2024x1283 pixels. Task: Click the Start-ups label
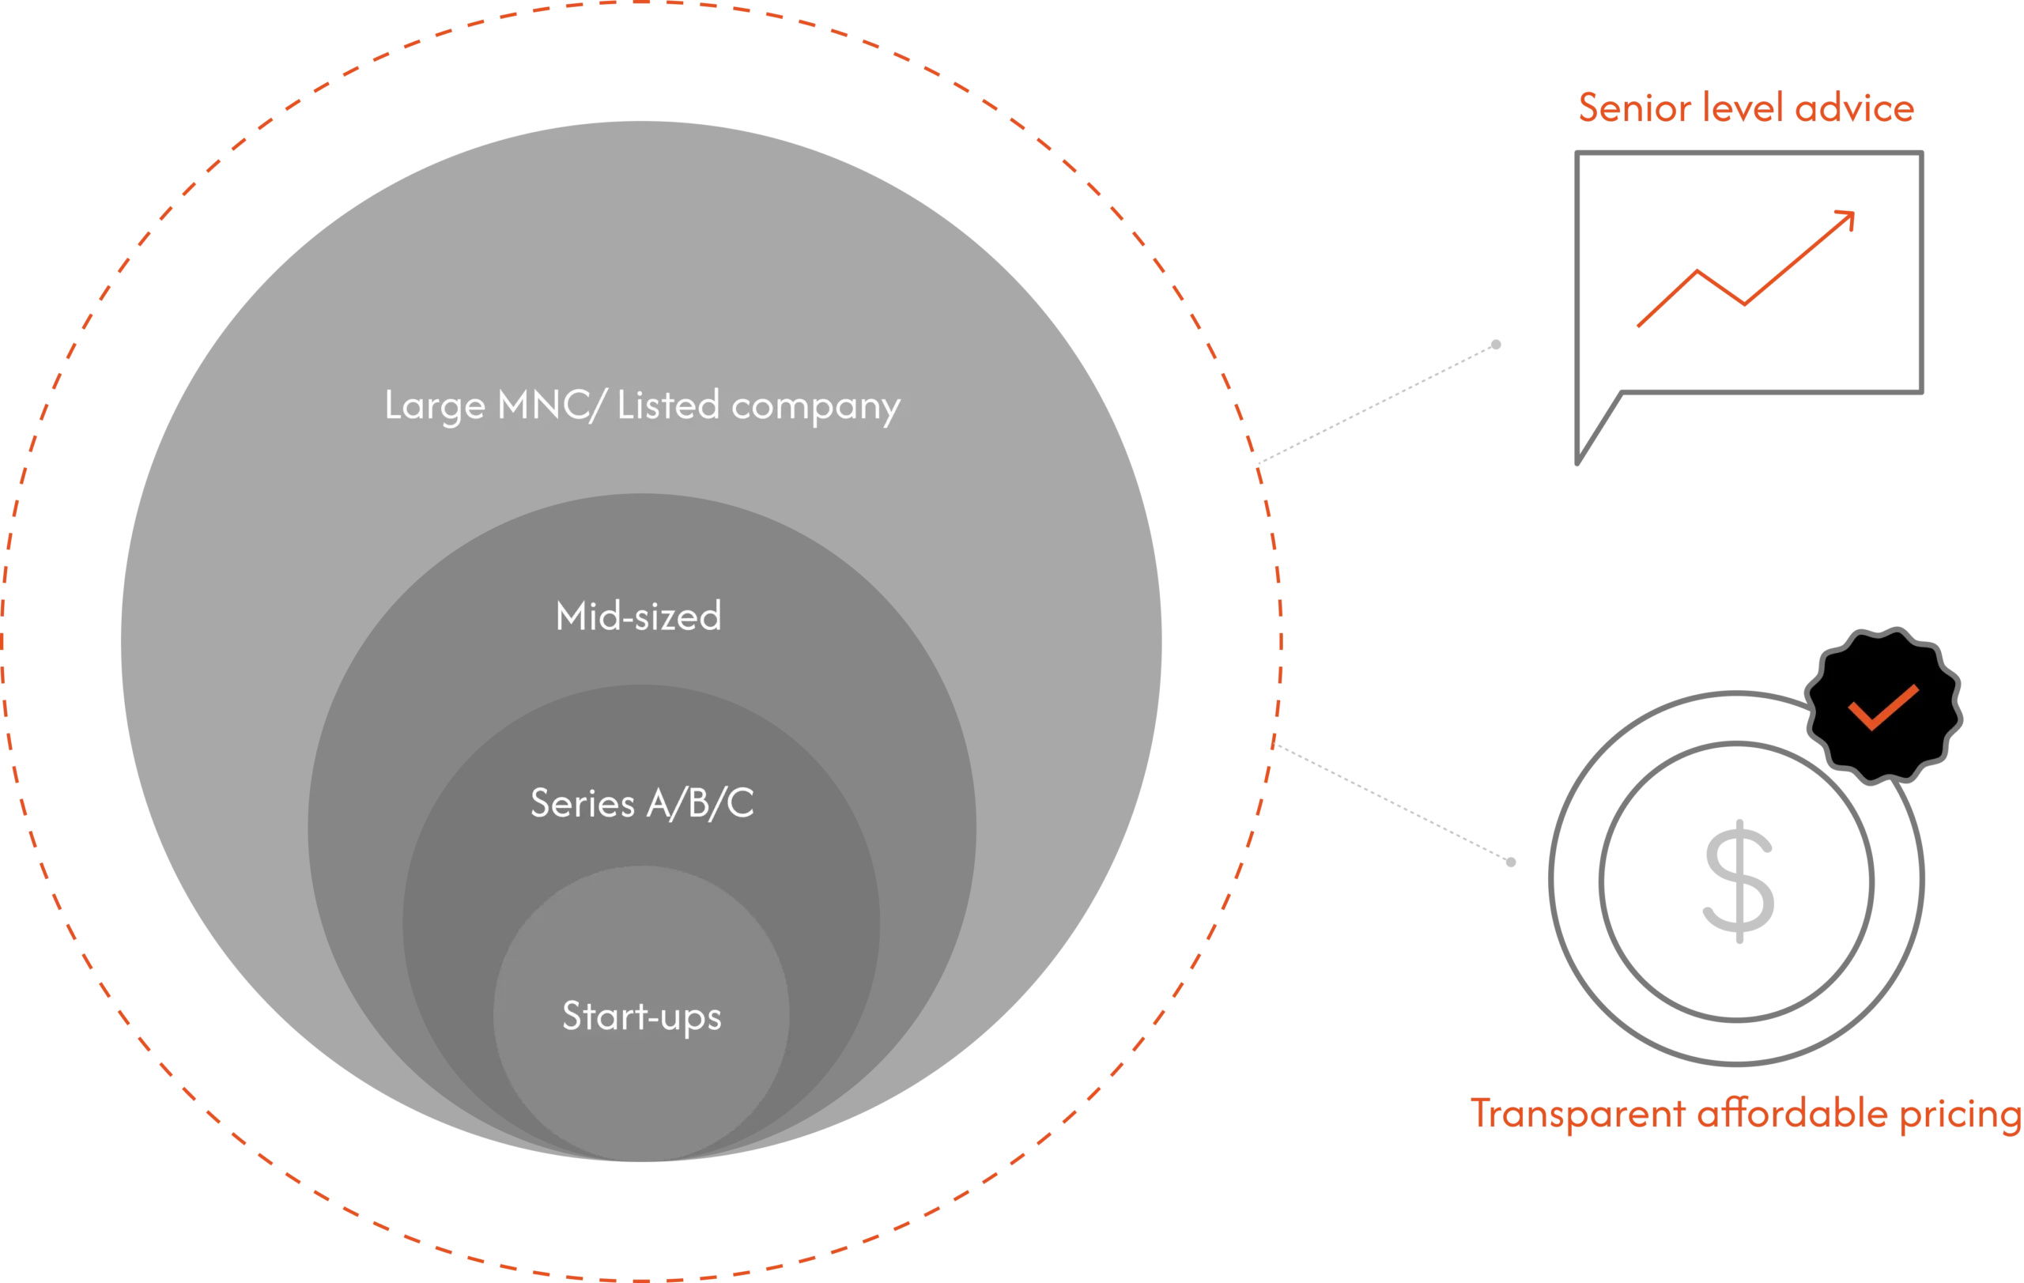(x=641, y=1017)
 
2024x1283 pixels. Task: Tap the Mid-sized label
(x=638, y=616)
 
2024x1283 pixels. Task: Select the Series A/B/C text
(x=642, y=803)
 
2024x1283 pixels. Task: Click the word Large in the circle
(x=435, y=406)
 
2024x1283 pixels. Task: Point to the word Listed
(x=668, y=405)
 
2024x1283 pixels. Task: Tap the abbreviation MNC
(x=546, y=405)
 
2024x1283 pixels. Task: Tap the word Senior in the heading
(x=1633, y=108)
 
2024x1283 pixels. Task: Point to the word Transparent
(x=1576, y=1114)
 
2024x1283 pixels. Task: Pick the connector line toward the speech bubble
(x=1379, y=403)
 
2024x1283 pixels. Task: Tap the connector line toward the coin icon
(x=1395, y=804)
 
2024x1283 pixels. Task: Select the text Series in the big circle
(x=582, y=803)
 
